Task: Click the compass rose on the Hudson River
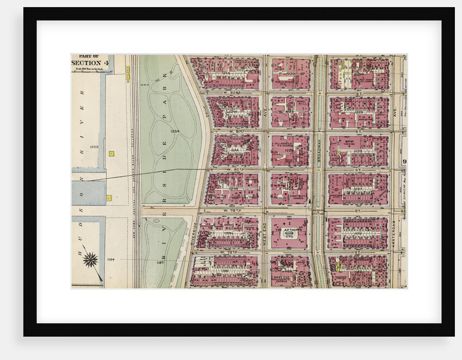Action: (x=90, y=259)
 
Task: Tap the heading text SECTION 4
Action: (x=90, y=63)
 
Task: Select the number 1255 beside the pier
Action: (x=93, y=147)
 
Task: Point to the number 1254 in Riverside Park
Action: (x=174, y=131)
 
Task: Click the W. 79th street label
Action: (x=230, y=210)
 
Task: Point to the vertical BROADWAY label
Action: (x=320, y=152)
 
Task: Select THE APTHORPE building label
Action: (x=290, y=230)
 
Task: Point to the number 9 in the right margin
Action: (x=404, y=162)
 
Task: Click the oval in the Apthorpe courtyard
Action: (x=290, y=237)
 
